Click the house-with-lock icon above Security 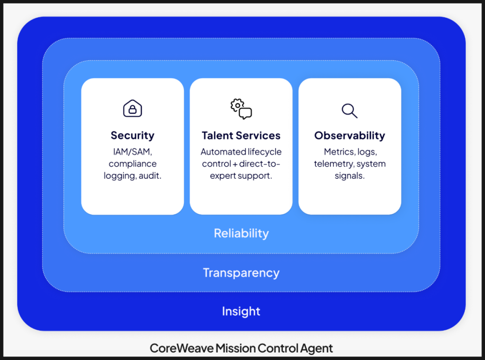[x=133, y=108]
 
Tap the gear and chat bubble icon [x=241, y=108]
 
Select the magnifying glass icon [x=349, y=110]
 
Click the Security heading [x=133, y=136]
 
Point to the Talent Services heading [x=241, y=136]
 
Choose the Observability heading [x=349, y=136]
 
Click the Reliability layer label [x=241, y=233]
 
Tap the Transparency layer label [x=241, y=273]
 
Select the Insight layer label [x=241, y=311]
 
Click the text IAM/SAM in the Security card [x=133, y=152]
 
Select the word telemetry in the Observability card [x=334, y=164]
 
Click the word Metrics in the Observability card [x=338, y=152]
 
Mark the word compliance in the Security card [x=133, y=164]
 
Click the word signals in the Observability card [x=349, y=176]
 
